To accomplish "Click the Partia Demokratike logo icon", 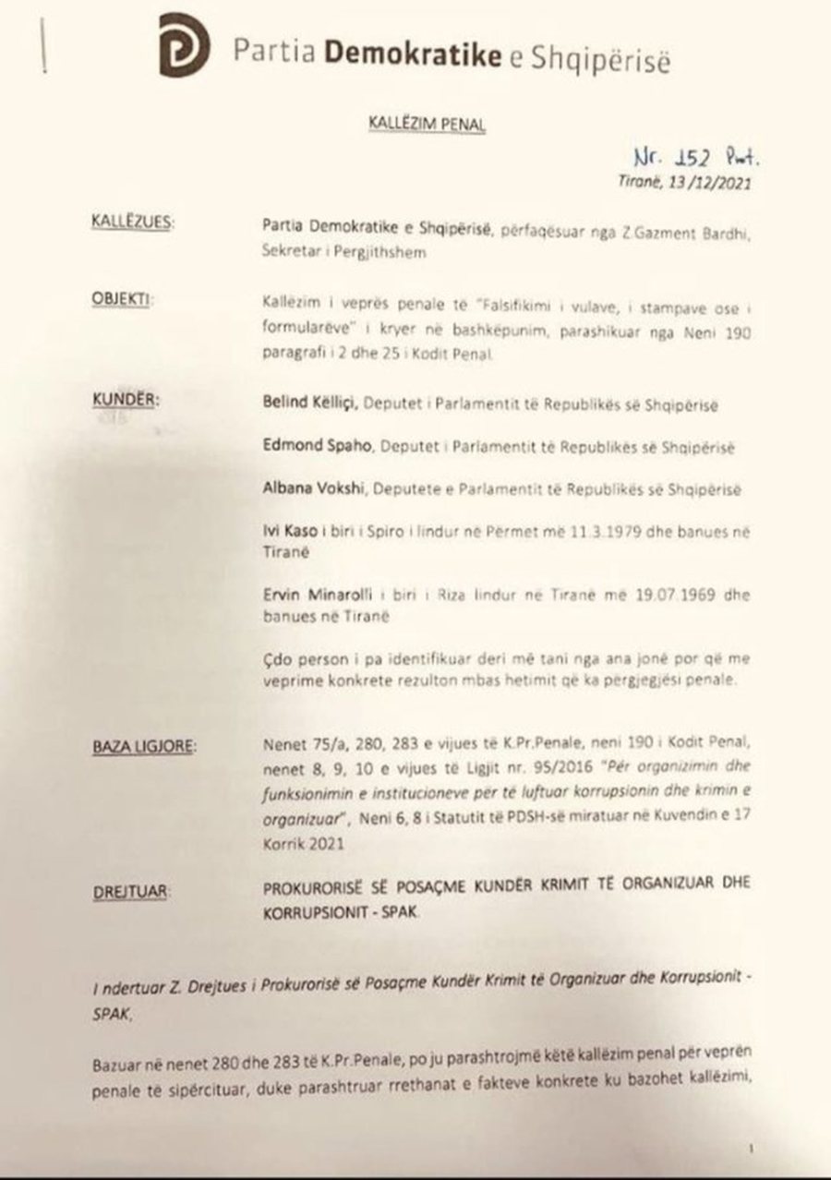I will coord(183,45).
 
